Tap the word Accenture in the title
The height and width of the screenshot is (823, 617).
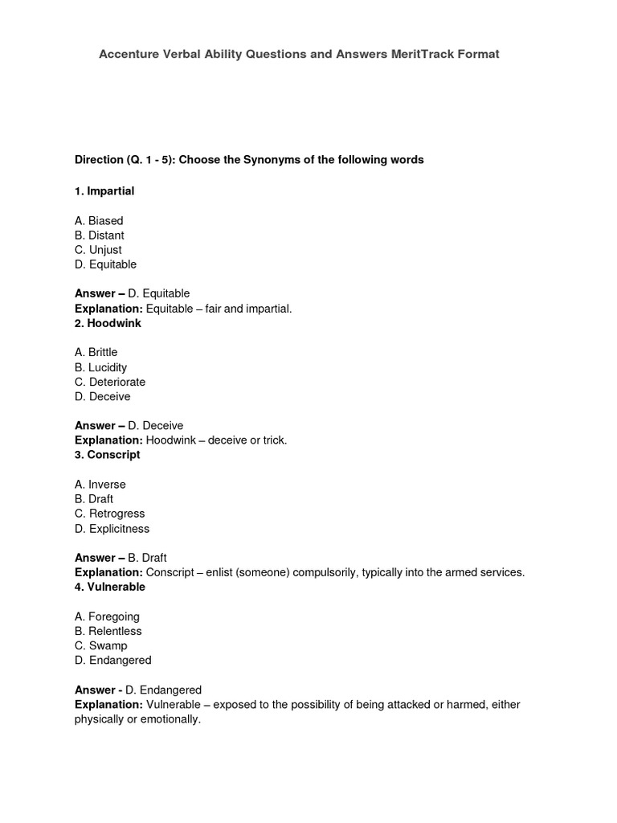[x=129, y=54]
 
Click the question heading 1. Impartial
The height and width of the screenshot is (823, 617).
[x=104, y=191]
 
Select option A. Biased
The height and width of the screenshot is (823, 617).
[x=99, y=221]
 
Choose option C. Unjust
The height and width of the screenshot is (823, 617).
[x=98, y=250]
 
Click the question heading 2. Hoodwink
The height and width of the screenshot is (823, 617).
[x=108, y=323]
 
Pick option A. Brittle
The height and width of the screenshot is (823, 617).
[x=96, y=353]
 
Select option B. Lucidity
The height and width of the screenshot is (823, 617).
[x=100, y=367]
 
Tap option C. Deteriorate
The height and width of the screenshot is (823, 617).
[x=110, y=382]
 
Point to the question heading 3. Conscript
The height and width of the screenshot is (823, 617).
[x=107, y=455]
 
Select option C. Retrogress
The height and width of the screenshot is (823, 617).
[x=109, y=514]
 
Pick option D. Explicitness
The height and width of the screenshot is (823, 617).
[x=112, y=529]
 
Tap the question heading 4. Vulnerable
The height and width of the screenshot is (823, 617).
[x=110, y=587]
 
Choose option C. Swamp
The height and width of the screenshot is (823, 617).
[x=100, y=645]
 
